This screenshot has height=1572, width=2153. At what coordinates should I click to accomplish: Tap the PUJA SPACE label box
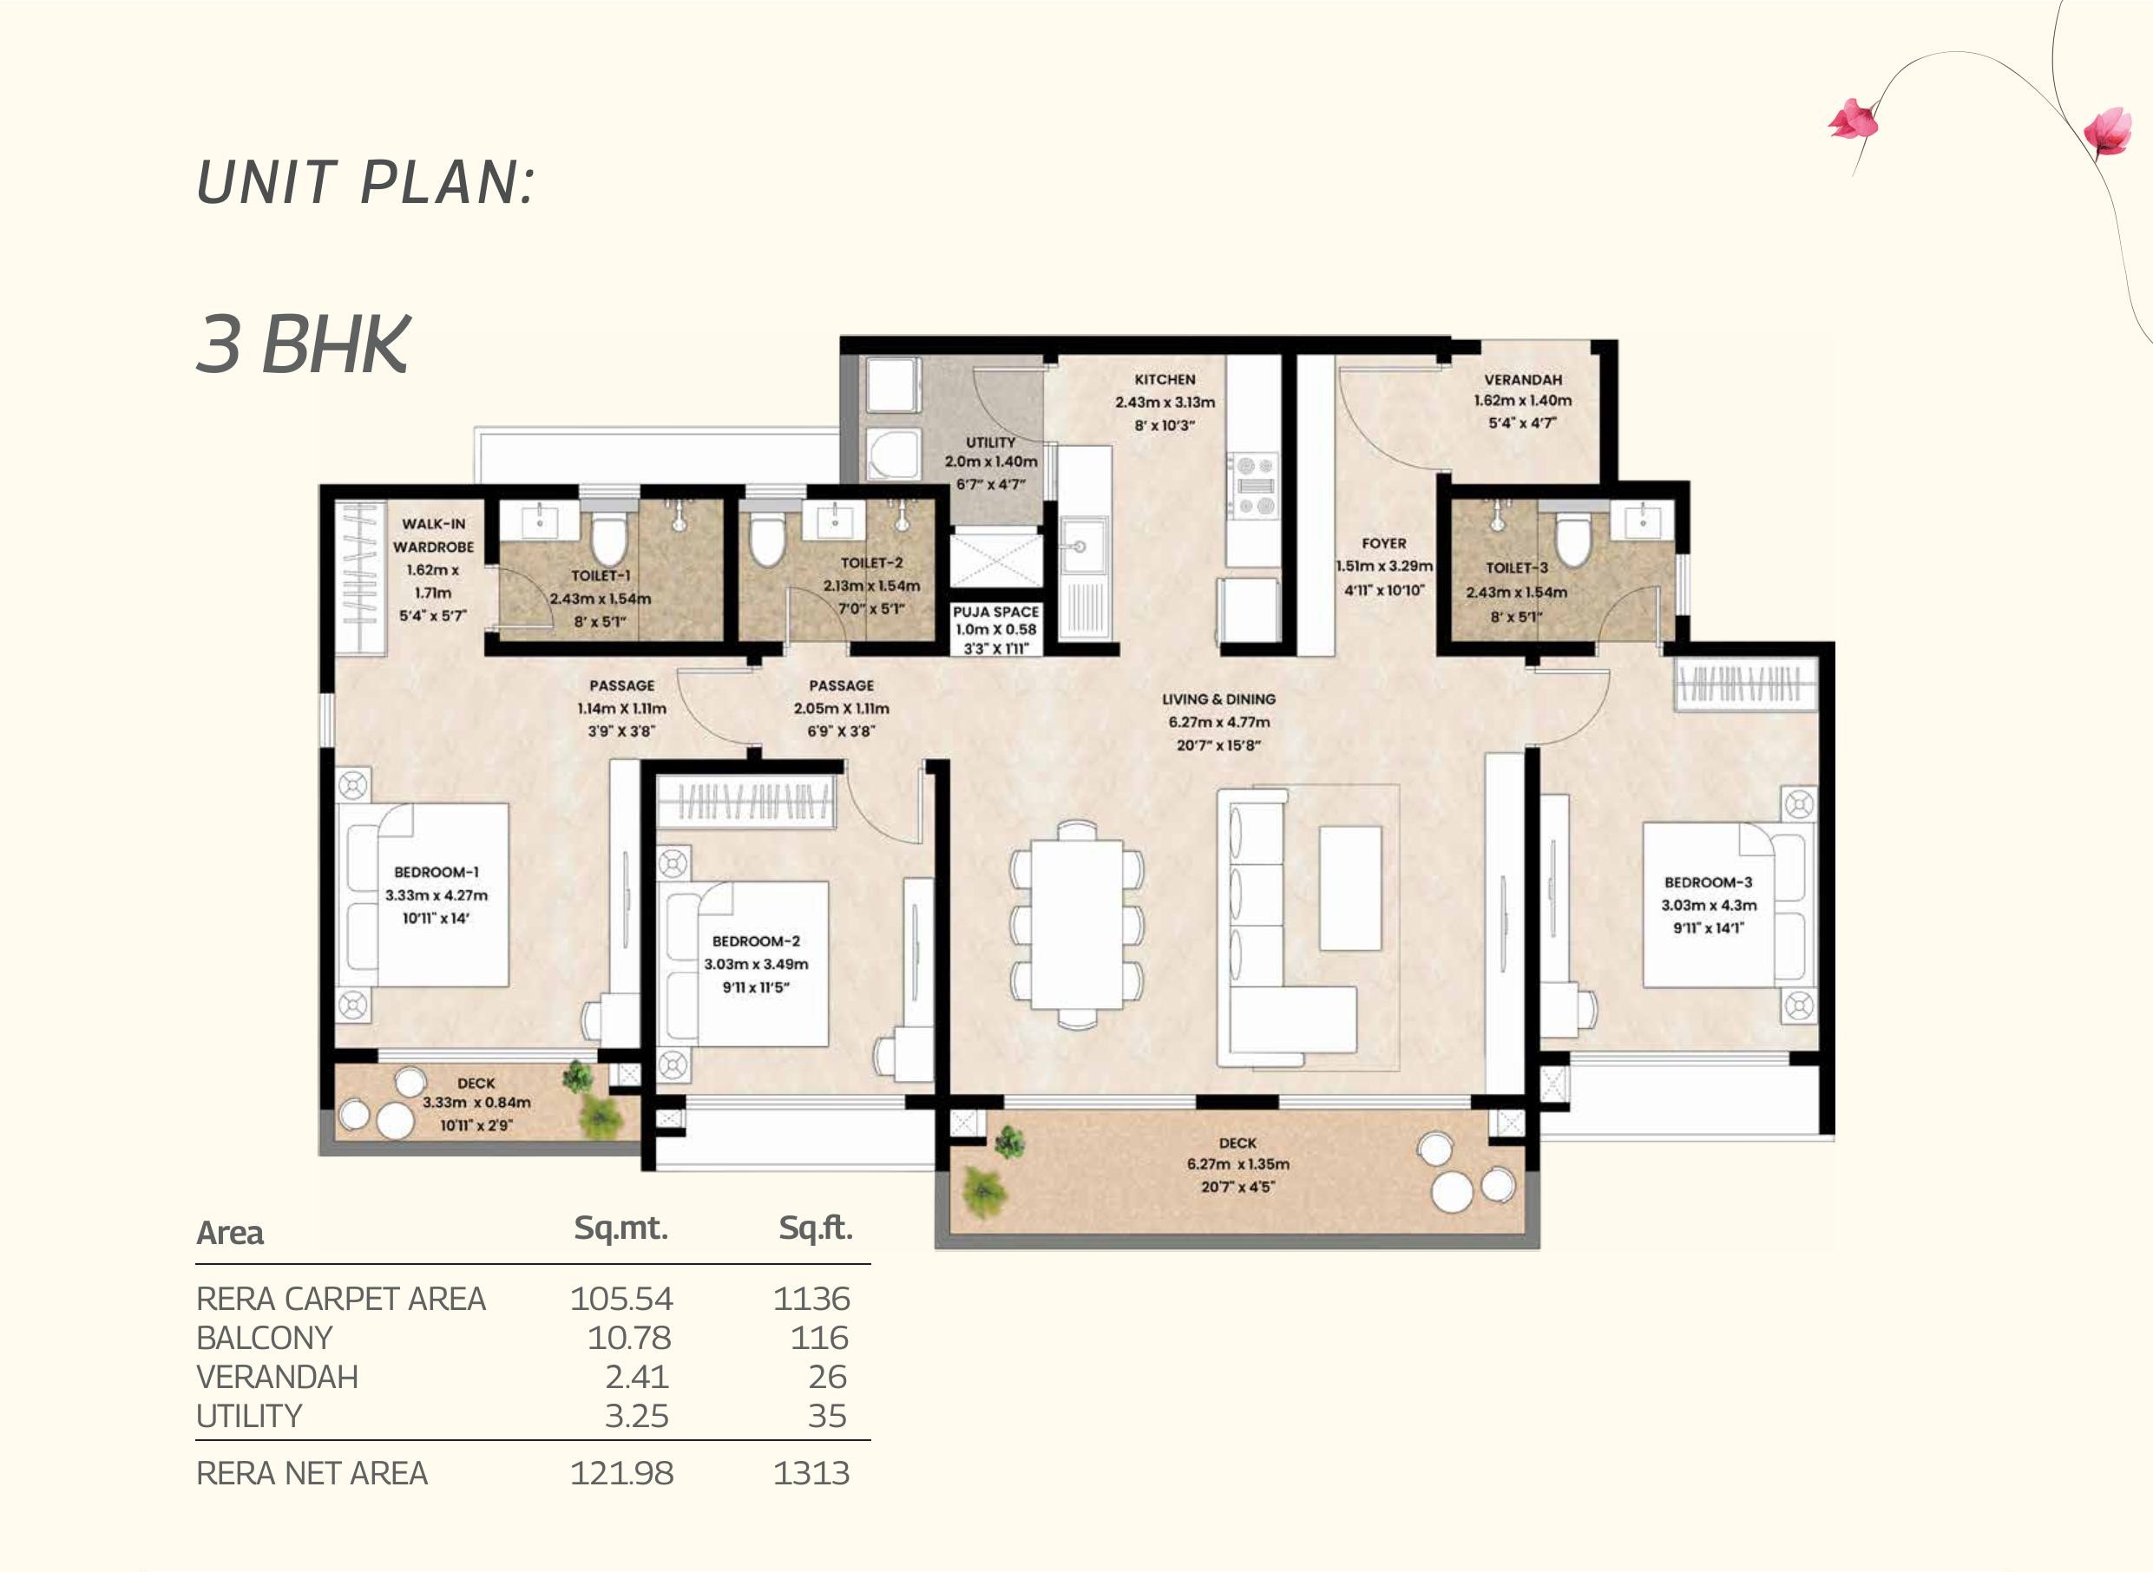pyautogui.click(x=995, y=629)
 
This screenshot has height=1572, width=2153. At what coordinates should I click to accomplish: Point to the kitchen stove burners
pyautogui.click(x=1254, y=484)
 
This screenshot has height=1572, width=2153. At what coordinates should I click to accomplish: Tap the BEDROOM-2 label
pyautogui.click(x=756, y=941)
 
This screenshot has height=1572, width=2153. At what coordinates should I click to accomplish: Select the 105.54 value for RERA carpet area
pyautogui.click(x=620, y=1299)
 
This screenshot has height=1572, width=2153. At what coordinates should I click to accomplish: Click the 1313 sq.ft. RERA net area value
pyautogui.click(x=811, y=1473)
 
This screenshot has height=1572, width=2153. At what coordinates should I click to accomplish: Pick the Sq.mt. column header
pyautogui.click(x=620, y=1228)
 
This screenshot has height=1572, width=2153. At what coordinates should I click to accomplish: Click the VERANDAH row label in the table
pyautogui.click(x=277, y=1377)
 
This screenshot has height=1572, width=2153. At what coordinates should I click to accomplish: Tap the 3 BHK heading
pyautogui.click(x=303, y=344)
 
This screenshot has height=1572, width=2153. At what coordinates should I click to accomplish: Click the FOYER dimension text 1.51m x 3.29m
pyautogui.click(x=1383, y=567)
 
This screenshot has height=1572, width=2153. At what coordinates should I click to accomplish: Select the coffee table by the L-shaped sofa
pyautogui.click(x=1349, y=888)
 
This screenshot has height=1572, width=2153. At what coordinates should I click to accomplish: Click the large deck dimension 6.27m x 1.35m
pyautogui.click(x=1237, y=1163)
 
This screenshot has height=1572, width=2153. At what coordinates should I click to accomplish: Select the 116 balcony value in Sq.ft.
pyautogui.click(x=818, y=1338)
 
